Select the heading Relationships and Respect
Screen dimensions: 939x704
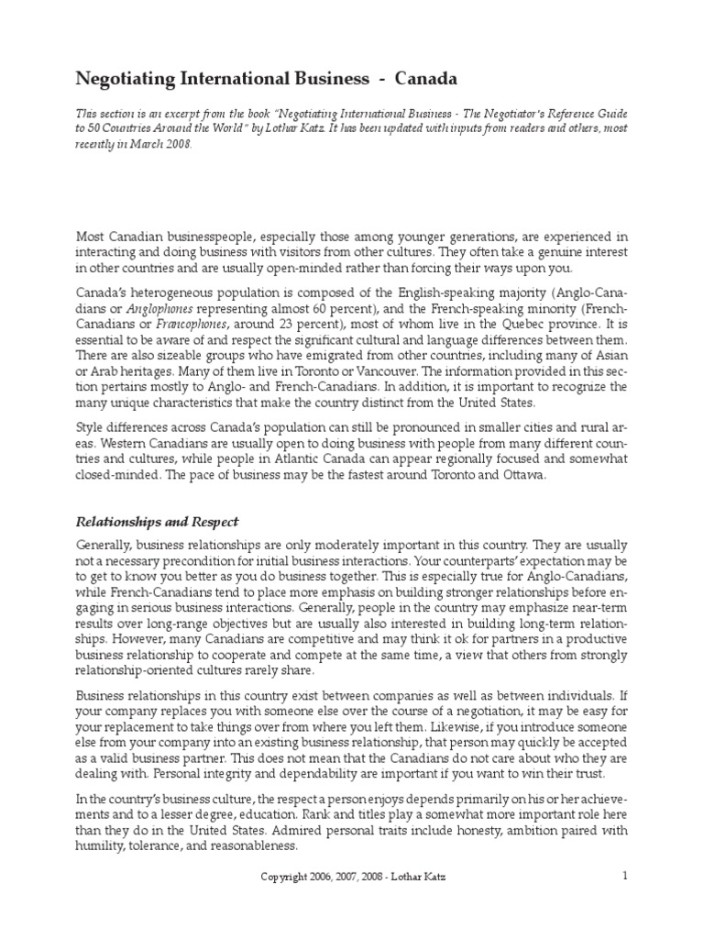[156, 522]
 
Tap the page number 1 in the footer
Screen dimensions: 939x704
[624, 875]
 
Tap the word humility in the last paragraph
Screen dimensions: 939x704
[100, 845]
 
